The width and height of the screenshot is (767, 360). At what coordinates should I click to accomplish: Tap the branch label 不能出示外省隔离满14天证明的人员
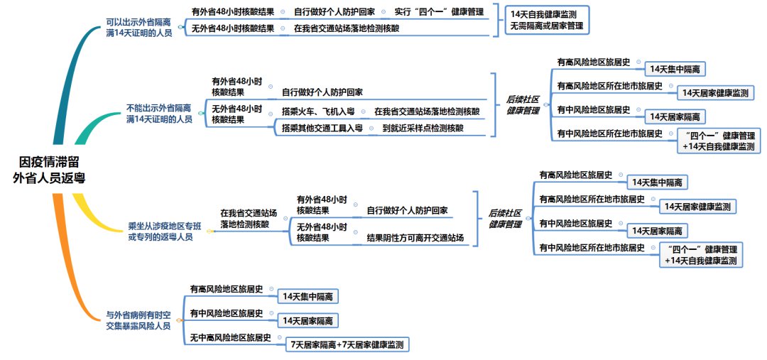159,114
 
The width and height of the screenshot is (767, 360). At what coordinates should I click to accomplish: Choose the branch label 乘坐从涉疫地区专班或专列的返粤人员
160,231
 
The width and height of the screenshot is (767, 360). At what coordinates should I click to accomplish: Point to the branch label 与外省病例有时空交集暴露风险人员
138,320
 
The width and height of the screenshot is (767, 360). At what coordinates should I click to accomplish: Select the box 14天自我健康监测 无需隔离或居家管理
549,20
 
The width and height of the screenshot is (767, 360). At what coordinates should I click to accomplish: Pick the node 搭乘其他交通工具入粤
322,128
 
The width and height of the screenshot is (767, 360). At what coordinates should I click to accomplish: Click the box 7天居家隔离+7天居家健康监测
347,345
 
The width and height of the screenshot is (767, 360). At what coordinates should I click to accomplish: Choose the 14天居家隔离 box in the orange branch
307,321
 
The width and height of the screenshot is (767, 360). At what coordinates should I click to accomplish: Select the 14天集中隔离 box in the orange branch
308,296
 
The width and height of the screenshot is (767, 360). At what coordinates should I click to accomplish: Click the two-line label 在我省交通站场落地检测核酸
249,218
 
